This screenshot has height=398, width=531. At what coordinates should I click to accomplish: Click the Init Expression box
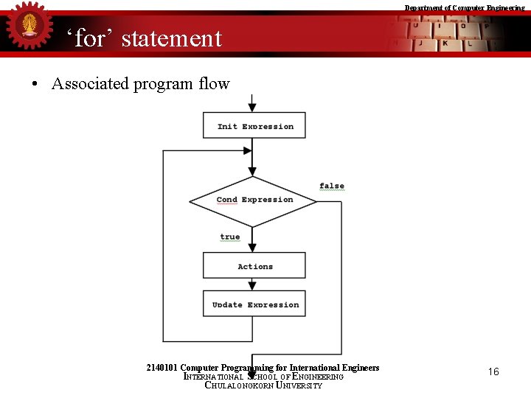tap(254, 125)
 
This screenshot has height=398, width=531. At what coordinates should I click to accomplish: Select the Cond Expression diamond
tap(254, 200)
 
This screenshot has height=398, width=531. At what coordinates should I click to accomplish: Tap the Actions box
tap(254, 266)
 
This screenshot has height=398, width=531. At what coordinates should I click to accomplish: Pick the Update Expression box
tap(254, 304)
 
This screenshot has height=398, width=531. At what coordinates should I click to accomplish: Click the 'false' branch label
tap(332, 186)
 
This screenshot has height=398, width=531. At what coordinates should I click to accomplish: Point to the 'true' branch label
tap(230, 237)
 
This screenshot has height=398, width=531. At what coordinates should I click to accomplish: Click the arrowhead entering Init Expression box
tap(252, 108)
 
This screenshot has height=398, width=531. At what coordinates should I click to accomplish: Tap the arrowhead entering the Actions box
tap(252, 248)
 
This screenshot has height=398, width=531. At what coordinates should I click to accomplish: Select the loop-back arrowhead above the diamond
tap(248, 150)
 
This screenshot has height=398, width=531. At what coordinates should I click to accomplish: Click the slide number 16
tap(493, 371)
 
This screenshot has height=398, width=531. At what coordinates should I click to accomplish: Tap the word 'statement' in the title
tap(171, 38)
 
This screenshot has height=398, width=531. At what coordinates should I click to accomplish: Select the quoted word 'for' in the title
tap(91, 38)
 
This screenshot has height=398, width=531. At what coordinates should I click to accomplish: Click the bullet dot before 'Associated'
tap(35, 84)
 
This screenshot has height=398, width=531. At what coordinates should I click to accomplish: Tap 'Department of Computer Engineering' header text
tap(465, 7)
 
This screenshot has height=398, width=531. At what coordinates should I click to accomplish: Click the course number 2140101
tap(162, 367)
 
